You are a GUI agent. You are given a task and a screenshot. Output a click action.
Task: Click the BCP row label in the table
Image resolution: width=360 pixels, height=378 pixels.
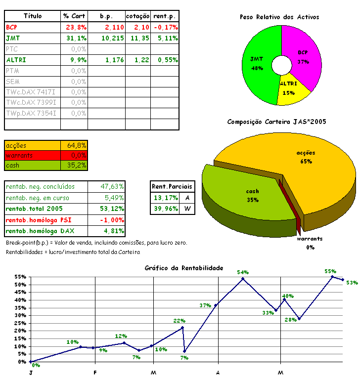pyautogui.click(x=12, y=27)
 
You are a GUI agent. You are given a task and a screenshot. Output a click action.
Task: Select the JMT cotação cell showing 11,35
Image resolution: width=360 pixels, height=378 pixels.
pyautogui.click(x=137, y=38)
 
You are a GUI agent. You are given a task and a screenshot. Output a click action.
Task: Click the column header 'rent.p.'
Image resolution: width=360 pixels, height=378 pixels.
pyautogui.click(x=164, y=16)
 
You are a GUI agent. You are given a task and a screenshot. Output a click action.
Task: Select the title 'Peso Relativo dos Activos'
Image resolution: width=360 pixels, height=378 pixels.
pyautogui.click(x=279, y=17)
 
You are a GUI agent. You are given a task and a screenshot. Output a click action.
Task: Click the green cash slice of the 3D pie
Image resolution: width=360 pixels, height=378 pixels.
pyautogui.click(x=252, y=195)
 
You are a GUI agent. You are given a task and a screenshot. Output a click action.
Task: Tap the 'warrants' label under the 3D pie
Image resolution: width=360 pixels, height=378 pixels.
pyautogui.click(x=310, y=239)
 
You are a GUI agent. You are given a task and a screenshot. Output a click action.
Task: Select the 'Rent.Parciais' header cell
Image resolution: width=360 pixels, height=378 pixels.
pyautogui.click(x=173, y=187)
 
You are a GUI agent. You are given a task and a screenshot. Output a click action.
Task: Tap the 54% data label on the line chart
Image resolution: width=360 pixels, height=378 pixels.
pyautogui.click(x=242, y=272)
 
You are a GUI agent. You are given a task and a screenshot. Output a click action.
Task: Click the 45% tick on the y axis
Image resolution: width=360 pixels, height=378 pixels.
pyautogui.click(x=20, y=293)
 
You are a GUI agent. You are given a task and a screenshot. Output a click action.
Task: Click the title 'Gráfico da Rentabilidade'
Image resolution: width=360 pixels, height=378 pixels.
pyautogui.click(x=183, y=268)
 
